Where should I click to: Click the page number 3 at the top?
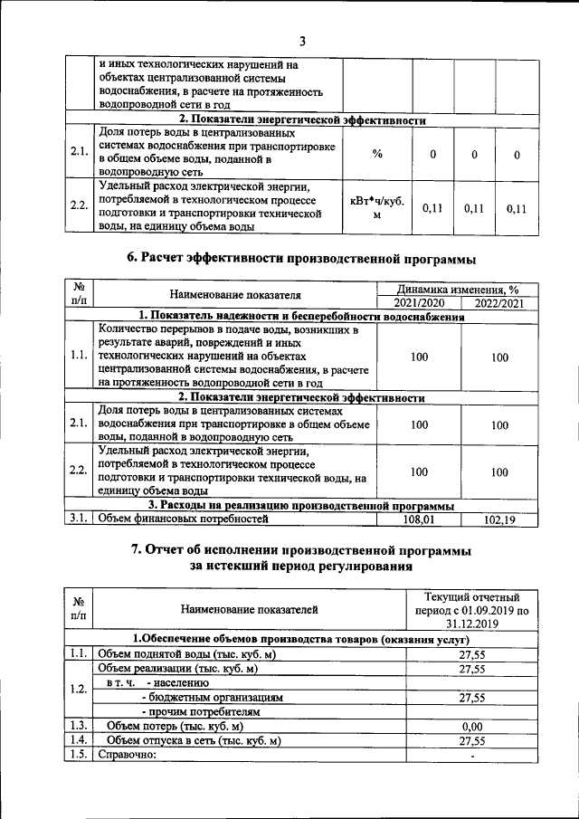(303, 40)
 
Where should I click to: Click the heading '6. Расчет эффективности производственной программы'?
(301, 259)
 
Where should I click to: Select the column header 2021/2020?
(419, 302)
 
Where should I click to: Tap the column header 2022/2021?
(499, 302)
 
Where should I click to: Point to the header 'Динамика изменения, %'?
(459, 288)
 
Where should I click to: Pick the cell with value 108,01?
(419, 519)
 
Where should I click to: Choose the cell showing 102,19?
(499, 519)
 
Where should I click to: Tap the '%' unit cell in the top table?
(377, 154)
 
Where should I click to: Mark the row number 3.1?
(78, 519)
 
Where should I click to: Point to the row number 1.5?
(78, 754)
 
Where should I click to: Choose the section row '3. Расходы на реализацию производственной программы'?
(301, 506)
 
